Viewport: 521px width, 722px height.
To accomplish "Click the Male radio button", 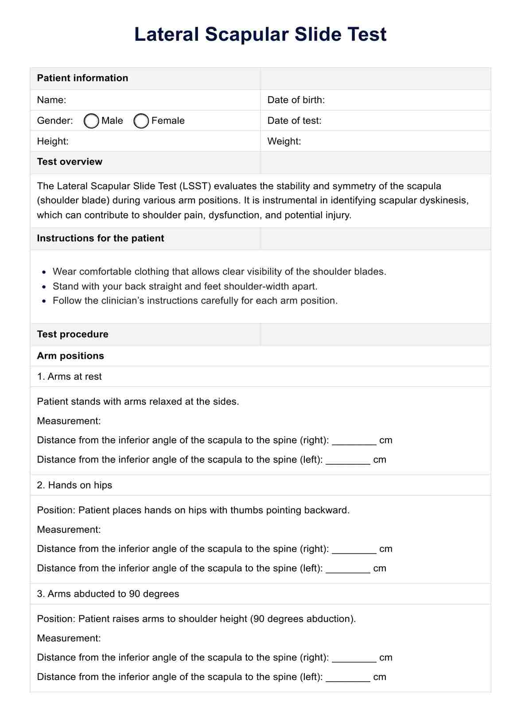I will [x=91, y=121].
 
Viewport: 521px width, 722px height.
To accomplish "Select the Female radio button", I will [x=141, y=121].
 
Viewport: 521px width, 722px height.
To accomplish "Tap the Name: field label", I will [x=51, y=100].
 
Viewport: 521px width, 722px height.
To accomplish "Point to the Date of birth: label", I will [x=296, y=100].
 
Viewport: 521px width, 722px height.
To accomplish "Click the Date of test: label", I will [x=294, y=120].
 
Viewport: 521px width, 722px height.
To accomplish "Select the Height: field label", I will [x=53, y=141].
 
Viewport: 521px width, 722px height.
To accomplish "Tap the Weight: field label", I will [x=284, y=141].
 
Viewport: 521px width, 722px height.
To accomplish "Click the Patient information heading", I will [x=82, y=78].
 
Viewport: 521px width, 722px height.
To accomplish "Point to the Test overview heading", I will [x=70, y=162].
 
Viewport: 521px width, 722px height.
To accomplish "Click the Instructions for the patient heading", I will [x=101, y=238].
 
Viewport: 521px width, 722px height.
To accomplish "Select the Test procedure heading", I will [x=73, y=334].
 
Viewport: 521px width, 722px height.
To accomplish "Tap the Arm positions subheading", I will [x=70, y=356].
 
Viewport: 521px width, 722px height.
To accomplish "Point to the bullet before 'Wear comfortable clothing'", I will [x=43, y=272].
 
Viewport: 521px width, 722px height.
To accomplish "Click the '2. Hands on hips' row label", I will [x=74, y=485].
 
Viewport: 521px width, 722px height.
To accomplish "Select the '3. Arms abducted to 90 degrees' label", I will [x=108, y=594].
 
